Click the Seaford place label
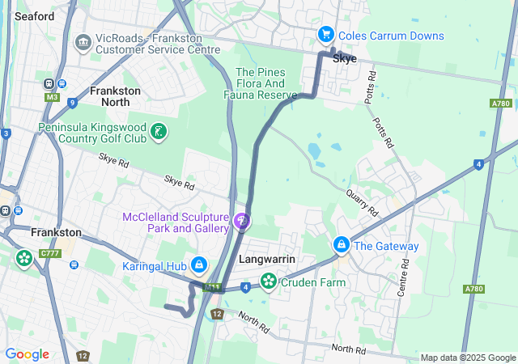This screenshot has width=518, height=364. coord(34,15)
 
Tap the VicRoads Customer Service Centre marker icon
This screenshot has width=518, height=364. coord(83,42)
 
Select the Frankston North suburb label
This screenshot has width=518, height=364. coord(115,96)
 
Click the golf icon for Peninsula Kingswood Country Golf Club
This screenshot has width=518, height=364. coord(159,130)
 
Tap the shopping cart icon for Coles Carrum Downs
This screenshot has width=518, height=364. coord(326,35)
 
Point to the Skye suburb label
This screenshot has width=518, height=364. coord(344,59)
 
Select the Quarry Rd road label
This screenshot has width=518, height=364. coord(362,198)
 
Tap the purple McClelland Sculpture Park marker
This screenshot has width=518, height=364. coord(240,219)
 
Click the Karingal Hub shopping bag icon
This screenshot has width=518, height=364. coord(198,265)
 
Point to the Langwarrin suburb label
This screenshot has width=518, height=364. coord(266,260)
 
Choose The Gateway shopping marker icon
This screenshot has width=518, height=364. coord(342,244)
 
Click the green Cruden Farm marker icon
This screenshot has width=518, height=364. coord(268,281)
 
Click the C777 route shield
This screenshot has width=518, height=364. coord(50,254)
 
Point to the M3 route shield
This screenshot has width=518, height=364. coord(53,98)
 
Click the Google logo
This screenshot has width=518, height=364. coord(27,354)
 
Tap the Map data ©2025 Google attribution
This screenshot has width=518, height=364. coord(467,358)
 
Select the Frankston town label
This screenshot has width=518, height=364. coord(55,232)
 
